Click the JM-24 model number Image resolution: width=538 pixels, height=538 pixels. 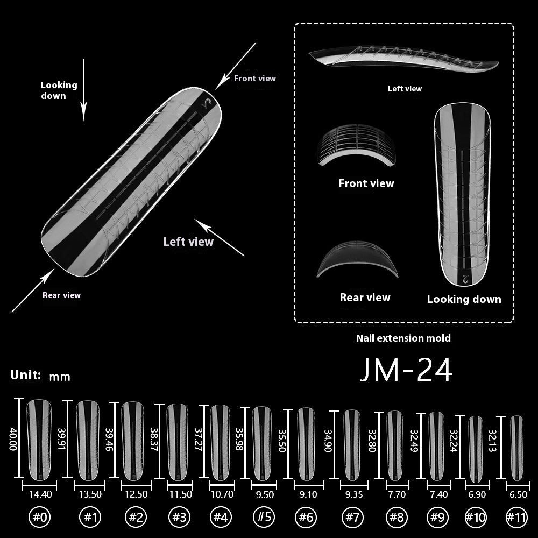tap(405, 370)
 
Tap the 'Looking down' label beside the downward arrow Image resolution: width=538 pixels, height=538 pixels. tap(59, 90)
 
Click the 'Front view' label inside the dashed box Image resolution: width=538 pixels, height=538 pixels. tap(366, 183)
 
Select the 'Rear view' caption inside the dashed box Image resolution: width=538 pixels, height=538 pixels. tap(365, 298)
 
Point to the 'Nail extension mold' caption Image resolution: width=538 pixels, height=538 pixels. tap(403, 338)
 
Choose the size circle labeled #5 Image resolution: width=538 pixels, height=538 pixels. tap(264, 518)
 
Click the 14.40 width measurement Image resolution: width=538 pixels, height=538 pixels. tap(39, 494)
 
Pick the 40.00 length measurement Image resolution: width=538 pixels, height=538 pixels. tap(13, 438)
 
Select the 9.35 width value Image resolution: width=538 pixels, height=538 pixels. tap(352, 494)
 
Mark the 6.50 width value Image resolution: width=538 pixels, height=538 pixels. tap(517, 494)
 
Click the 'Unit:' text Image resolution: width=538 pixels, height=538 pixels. tap(26, 375)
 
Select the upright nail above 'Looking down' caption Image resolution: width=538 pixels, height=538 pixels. tap(464, 194)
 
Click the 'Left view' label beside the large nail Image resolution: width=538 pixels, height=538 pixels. tap(188, 242)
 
